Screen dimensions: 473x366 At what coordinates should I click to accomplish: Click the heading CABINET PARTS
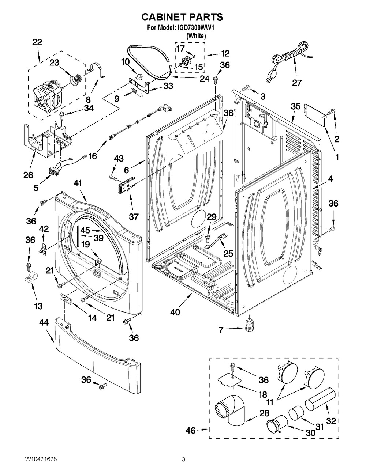pyautogui.click(x=182, y=17)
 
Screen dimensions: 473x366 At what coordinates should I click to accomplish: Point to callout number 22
pyautogui.click(x=37, y=42)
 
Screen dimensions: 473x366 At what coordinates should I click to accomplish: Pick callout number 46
pyautogui.click(x=190, y=431)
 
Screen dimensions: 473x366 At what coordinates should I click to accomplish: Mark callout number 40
pyautogui.click(x=176, y=312)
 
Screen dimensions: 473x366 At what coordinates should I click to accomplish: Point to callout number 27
pyautogui.click(x=296, y=82)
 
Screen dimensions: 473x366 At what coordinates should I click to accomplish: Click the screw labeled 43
pyautogui.click(x=113, y=177)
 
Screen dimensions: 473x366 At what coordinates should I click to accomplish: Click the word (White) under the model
pyautogui.click(x=196, y=36)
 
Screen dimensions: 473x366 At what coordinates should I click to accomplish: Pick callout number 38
pyautogui.click(x=228, y=113)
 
